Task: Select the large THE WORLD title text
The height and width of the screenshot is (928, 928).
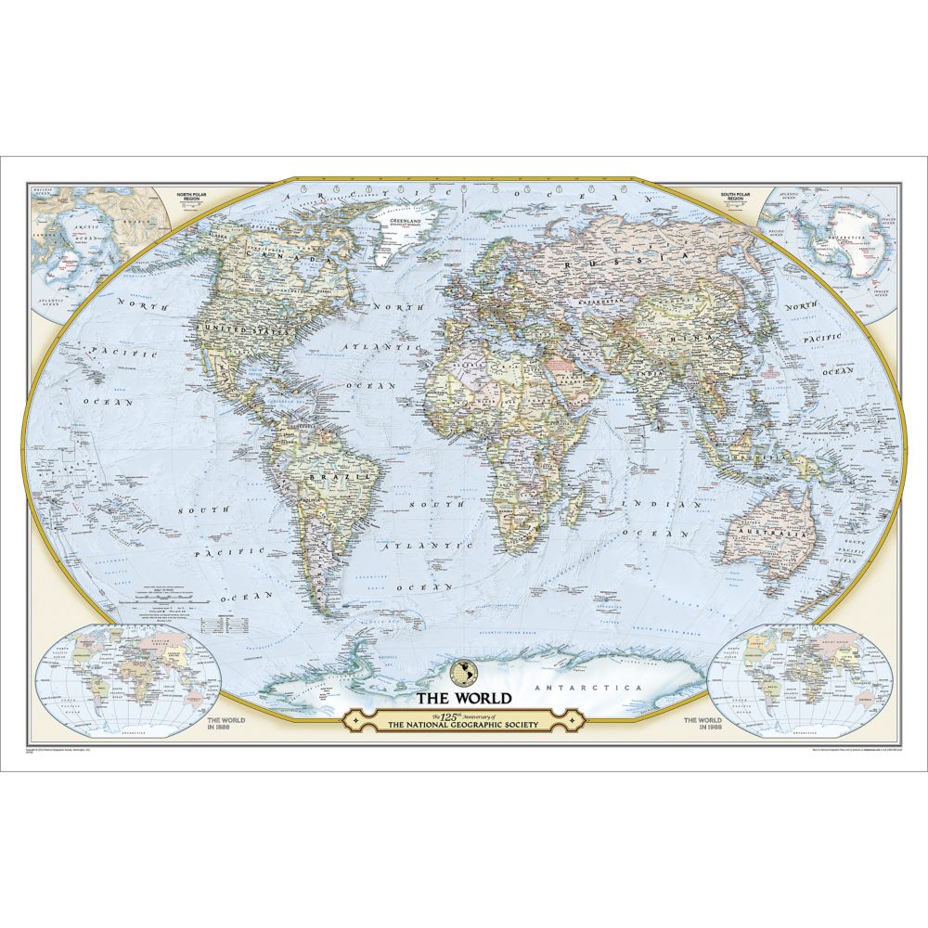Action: pos(461,698)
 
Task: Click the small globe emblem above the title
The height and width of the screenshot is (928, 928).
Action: pos(461,670)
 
